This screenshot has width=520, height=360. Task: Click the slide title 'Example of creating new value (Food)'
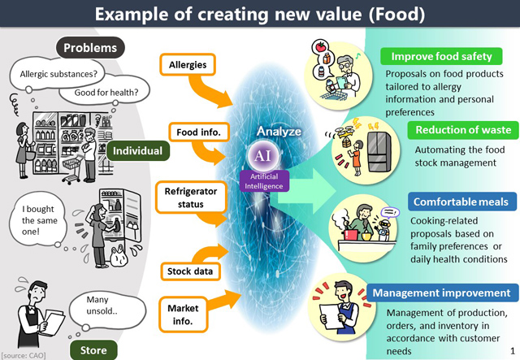point(259,15)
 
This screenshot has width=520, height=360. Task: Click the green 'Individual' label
point(137,150)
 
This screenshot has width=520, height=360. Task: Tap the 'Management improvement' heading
point(442,293)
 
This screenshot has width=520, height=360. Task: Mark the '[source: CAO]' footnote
point(24,354)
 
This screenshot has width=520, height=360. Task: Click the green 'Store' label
point(93,350)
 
